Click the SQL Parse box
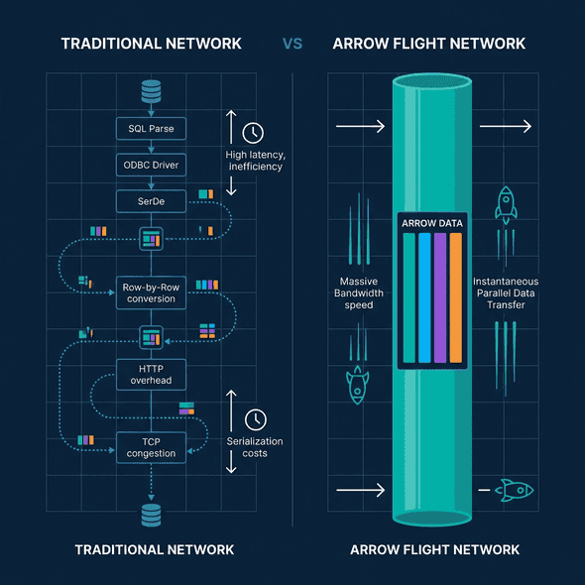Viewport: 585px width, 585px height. tap(151, 128)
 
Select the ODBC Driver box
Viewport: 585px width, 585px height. tap(151, 164)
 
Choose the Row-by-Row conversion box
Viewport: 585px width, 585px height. tap(151, 292)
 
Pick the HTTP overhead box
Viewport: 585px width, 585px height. tap(151, 373)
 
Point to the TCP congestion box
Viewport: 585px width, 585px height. tap(151, 446)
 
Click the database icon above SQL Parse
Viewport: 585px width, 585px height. tap(151, 91)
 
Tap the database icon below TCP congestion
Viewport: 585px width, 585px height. tap(151, 515)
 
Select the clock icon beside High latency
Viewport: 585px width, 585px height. tap(254, 131)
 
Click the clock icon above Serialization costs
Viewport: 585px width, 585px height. tap(255, 418)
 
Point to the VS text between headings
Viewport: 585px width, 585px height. tap(292, 44)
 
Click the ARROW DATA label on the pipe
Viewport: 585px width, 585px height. tap(431, 223)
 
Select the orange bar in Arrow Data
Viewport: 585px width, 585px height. tap(455, 297)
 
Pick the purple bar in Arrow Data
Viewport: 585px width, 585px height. tap(439, 297)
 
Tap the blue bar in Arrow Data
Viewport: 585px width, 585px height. tap(423, 297)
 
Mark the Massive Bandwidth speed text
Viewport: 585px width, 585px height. tap(357, 292)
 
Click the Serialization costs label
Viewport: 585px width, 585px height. tap(255, 446)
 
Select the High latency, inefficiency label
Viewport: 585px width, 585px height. tap(255, 160)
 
